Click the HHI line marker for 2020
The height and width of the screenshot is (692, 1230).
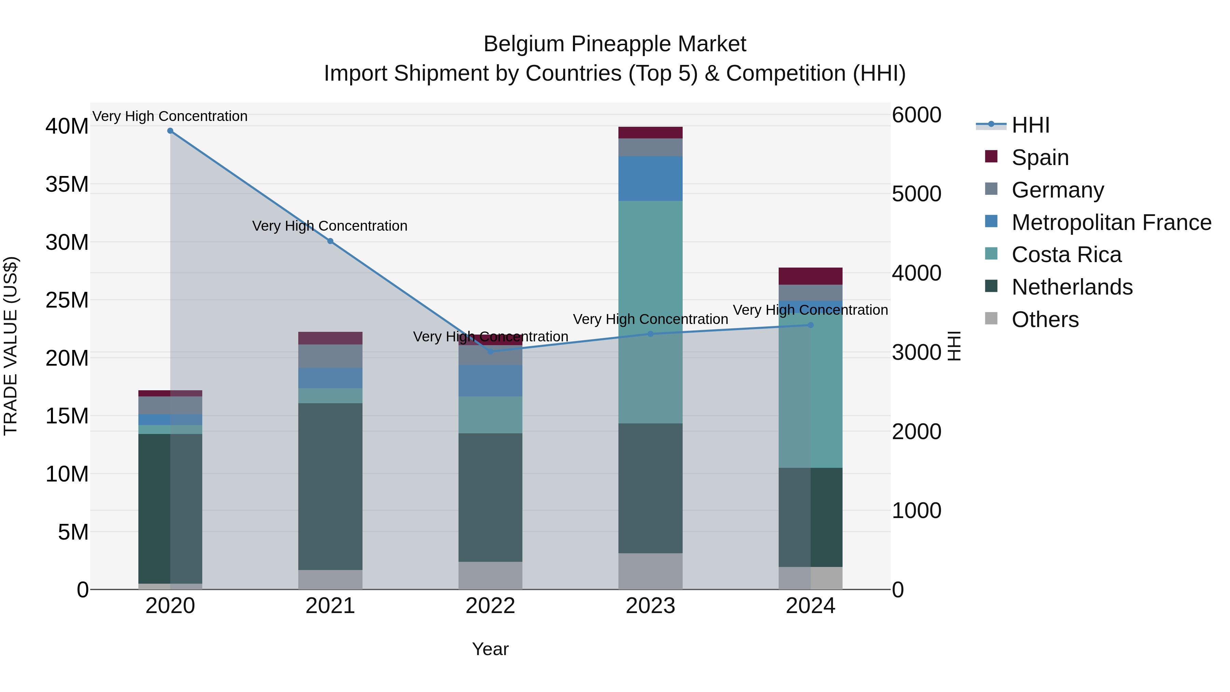170,131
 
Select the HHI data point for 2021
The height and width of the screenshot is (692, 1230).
330,241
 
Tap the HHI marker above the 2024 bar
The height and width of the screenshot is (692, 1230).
810,325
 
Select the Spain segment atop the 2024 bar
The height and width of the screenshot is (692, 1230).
810,276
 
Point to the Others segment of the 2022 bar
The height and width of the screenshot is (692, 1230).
490,575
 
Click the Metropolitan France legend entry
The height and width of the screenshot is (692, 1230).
1111,222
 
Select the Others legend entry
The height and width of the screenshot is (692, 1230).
1045,320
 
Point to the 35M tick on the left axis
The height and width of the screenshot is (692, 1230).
67,184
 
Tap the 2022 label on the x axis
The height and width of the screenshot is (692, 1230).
490,606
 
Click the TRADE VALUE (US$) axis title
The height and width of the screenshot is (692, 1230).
11,346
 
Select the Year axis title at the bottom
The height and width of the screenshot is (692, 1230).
490,649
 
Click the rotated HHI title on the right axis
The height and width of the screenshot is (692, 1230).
954,346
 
